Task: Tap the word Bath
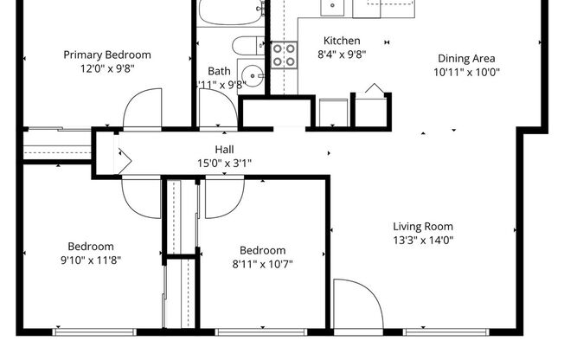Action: click(219, 71)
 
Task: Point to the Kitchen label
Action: click(342, 41)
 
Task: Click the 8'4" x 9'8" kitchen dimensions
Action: click(342, 54)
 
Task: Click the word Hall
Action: click(224, 149)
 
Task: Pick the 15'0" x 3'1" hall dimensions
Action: click(224, 162)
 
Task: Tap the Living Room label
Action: click(423, 227)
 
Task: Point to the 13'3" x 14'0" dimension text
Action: click(423, 241)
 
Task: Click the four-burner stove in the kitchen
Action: click(284, 55)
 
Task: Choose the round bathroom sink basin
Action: click(251, 74)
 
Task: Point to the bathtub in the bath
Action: click(230, 12)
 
